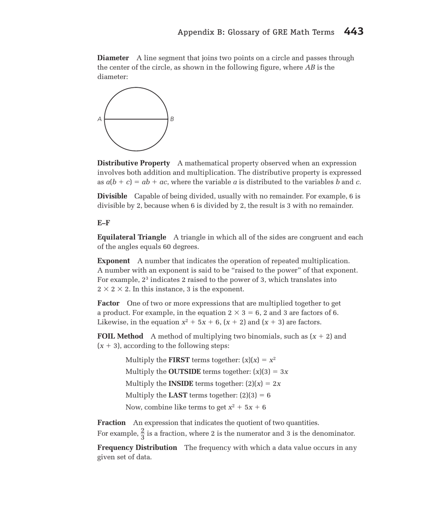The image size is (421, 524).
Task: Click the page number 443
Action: click(353, 31)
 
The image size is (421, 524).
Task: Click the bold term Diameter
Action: click(113, 58)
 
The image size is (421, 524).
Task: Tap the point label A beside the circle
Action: click(100, 119)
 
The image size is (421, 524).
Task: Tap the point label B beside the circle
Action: click(172, 119)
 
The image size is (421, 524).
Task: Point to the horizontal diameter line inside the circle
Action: click(136, 119)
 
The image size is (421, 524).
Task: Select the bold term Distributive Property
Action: click(133, 163)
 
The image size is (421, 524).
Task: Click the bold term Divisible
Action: click(112, 196)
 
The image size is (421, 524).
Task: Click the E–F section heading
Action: click(103, 223)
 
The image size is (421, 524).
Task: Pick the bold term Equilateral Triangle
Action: click(132, 237)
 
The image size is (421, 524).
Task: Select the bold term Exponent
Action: click(113, 261)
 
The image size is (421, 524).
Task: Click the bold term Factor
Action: click(108, 303)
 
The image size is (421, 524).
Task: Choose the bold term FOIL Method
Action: click(120, 336)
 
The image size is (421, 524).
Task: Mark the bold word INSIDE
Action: click(181, 383)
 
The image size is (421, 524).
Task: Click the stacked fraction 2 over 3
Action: click(143, 434)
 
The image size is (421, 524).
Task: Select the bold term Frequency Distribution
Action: click(137, 448)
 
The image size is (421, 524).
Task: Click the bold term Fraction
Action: click(111, 423)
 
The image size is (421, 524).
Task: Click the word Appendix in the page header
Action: click(195, 32)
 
